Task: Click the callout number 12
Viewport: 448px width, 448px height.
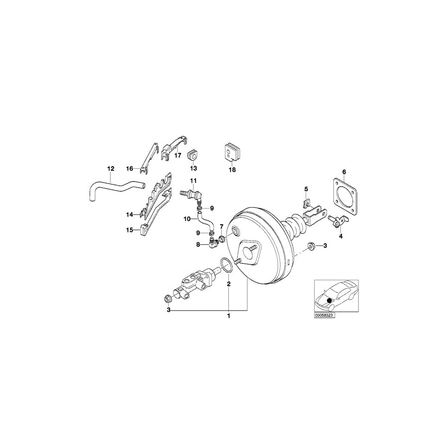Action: tap(111, 168)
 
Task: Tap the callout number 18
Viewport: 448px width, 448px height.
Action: tap(231, 169)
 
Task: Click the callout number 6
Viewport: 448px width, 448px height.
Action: tap(343, 172)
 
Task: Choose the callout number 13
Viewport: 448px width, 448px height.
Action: tap(193, 169)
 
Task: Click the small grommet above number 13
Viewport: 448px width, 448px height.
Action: tap(193, 156)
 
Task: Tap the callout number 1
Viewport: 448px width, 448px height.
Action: tap(229, 316)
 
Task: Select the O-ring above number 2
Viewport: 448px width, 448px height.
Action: tap(226, 265)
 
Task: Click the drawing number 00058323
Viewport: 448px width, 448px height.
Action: tap(324, 316)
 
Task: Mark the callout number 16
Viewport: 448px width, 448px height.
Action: tap(129, 169)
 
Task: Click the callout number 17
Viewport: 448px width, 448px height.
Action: tap(177, 155)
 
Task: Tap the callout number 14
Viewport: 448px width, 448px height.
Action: tap(129, 215)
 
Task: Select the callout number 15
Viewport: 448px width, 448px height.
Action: tap(129, 230)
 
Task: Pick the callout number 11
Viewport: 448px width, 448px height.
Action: tap(193, 180)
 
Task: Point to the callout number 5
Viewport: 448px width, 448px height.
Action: tap(306, 189)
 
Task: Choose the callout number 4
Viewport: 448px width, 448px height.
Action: tap(340, 236)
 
